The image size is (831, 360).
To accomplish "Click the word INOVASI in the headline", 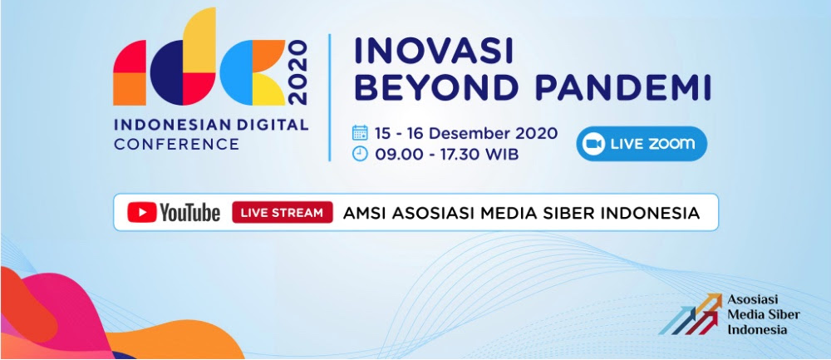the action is point(434,52).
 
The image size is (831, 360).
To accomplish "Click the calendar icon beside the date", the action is point(360,132).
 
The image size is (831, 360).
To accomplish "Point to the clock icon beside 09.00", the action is point(360,154).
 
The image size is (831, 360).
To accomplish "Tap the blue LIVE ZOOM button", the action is point(642,144).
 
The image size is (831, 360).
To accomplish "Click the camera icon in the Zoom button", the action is point(594,144).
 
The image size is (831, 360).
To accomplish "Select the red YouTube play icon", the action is point(141,212).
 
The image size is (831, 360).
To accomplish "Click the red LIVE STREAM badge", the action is point(283,212).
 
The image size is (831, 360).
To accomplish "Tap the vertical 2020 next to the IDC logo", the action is point(298,72).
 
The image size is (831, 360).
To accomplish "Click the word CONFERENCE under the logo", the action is point(176,144).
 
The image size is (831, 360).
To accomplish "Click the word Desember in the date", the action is point(464,132).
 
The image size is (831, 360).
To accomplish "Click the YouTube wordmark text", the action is point(189,212).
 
